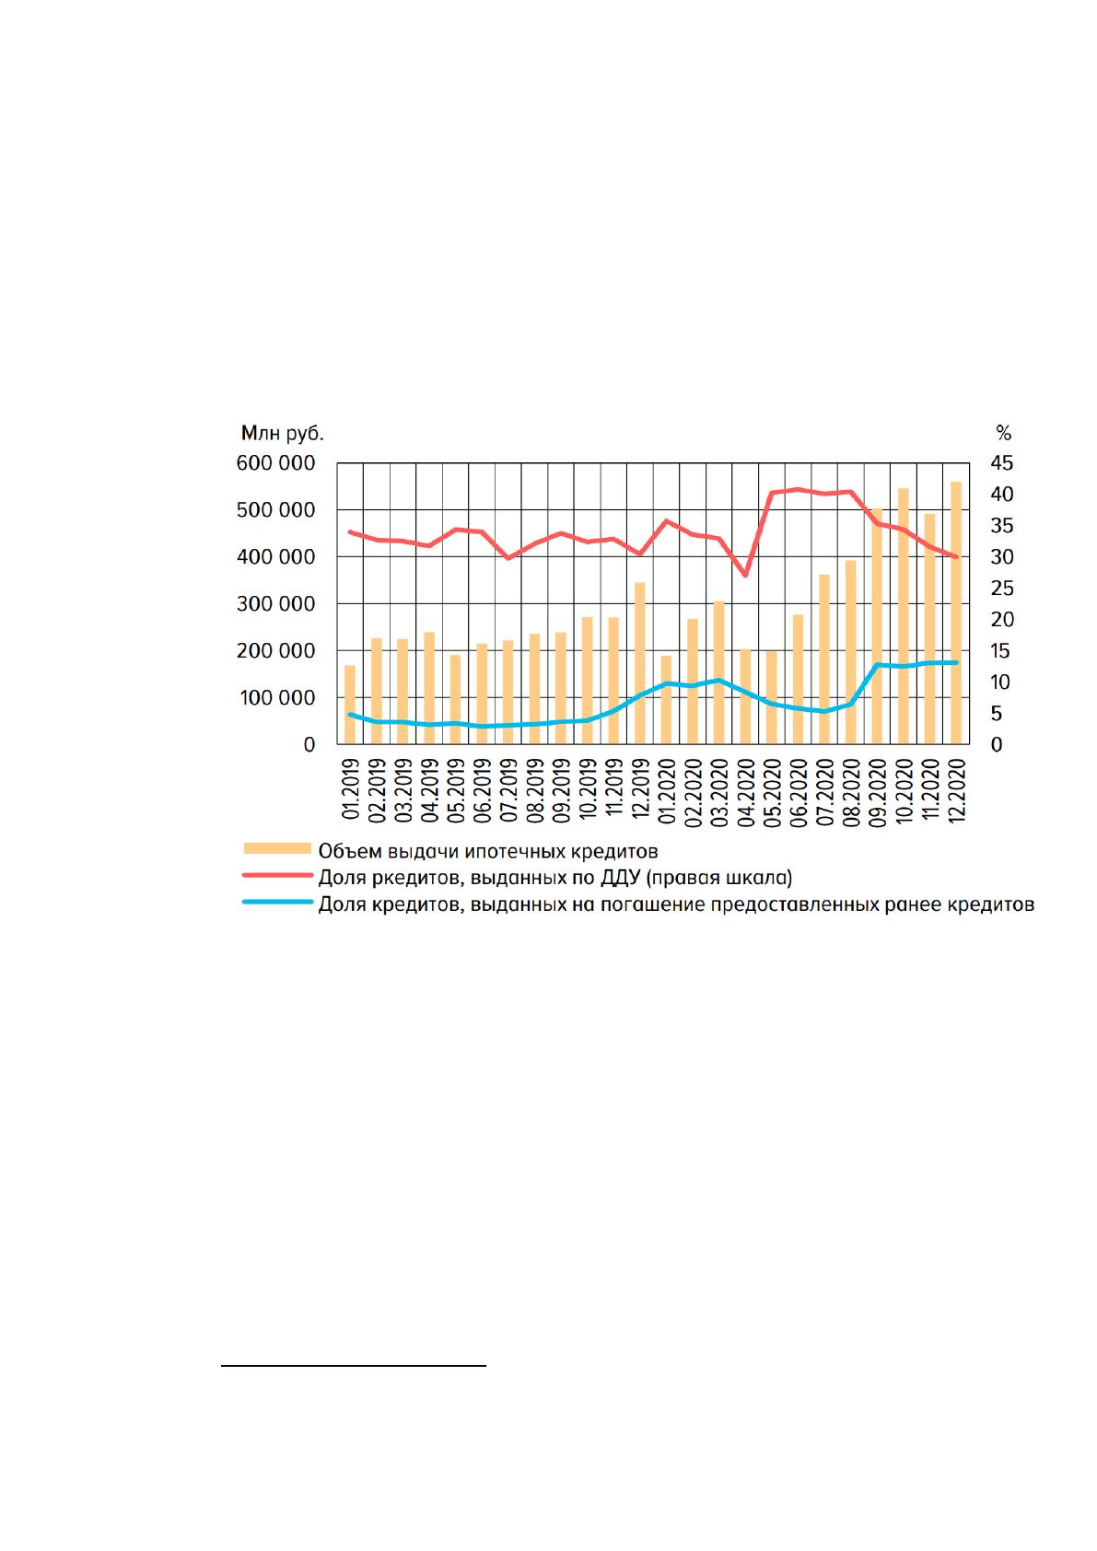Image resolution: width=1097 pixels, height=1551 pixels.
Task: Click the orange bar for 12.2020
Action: pyautogui.click(x=956, y=612)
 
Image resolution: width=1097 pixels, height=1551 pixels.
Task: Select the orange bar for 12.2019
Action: pyautogui.click(x=640, y=663)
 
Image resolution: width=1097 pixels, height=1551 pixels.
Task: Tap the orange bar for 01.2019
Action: pyautogui.click(x=350, y=705)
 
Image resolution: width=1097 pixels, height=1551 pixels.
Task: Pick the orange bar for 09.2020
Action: pyautogui.click(x=877, y=626)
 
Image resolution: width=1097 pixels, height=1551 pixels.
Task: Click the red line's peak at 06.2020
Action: pyautogui.click(x=798, y=490)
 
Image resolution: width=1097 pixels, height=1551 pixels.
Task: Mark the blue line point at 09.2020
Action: pyautogui.click(x=877, y=665)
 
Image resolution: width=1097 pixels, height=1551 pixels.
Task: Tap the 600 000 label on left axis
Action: pyautogui.click(x=275, y=463)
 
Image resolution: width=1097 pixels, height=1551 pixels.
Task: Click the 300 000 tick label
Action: pyautogui.click(x=275, y=604)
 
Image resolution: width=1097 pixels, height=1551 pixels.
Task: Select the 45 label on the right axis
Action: pyautogui.click(x=1001, y=463)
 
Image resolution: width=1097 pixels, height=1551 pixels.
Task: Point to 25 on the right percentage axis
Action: pyautogui.click(x=1001, y=589)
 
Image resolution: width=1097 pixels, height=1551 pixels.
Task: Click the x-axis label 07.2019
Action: pyautogui.click(x=508, y=790)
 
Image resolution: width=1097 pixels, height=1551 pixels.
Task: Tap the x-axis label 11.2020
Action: pyautogui.click(x=929, y=790)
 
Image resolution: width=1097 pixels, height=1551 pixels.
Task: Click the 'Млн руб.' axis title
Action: pyautogui.click(x=282, y=434)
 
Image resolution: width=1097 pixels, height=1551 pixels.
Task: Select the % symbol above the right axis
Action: pyautogui.click(x=1003, y=434)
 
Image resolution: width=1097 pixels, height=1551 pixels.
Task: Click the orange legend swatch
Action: pyautogui.click(x=277, y=849)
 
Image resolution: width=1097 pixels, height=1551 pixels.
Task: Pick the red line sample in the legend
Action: pyautogui.click(x=277, y=875)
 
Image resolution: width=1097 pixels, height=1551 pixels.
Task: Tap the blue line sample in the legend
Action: pyautogui.click(x=277, y=903)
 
